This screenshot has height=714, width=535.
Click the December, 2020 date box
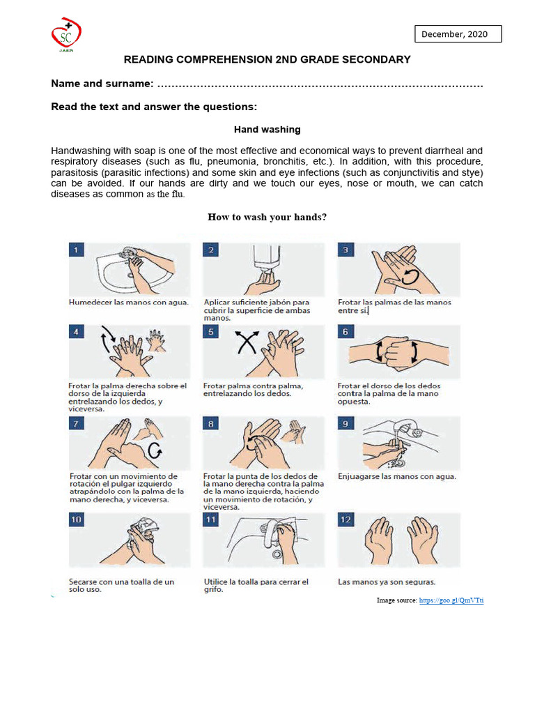coord(458,33)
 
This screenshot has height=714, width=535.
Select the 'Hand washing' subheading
coord(267,130)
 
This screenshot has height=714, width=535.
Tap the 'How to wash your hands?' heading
coord(267,217)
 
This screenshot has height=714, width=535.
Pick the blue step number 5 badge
coord(211,333)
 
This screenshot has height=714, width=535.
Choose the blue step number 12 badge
coord(346,520)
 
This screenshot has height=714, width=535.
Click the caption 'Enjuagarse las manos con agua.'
coord(397,477)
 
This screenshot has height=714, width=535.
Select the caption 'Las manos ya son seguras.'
coord(387,582)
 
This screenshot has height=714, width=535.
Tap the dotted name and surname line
coord(320,84)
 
